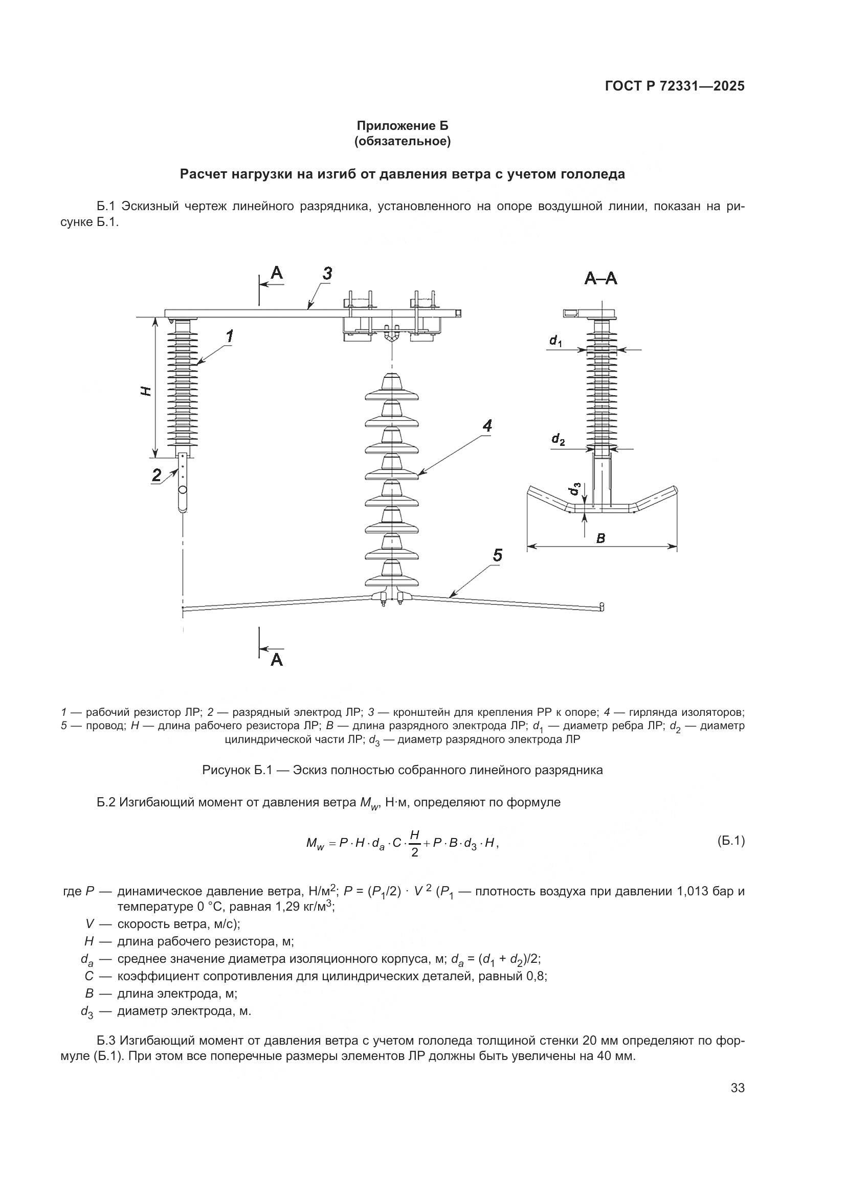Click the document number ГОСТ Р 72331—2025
(x=675, y=86)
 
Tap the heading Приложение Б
(x=402, y=126)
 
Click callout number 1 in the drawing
(x=230, y=336)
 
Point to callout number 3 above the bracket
(x=327, y=274)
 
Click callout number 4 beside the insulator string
(x=487, y=426)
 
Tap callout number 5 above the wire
(x=498, y=556)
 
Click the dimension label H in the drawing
(x=147, y=391)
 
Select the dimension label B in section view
(x=600, y=538)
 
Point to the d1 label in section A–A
(x=555, y=341)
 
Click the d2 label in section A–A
(x=558, y=440)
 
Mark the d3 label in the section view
(x=574, y=490)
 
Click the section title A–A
(x=600, y=279)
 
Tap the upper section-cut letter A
(x=277, y=273)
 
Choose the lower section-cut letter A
(x=277, y=660)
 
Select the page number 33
(x=738, y=1088)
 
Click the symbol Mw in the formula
(x=315, y=844)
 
